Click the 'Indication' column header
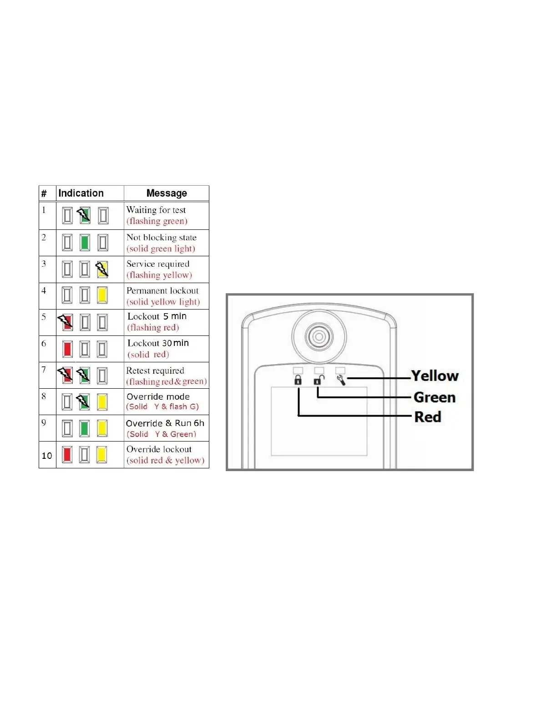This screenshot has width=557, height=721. [81, 193]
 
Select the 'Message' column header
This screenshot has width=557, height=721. [167, 193]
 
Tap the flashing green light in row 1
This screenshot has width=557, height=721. [84, 215]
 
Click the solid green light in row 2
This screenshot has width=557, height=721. [85, 243]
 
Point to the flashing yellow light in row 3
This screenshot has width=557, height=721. [102, 269]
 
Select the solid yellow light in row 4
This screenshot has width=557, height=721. [102, 295]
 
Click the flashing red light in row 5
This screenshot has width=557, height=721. [66, 322]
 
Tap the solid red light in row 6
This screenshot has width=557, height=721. [67, 349]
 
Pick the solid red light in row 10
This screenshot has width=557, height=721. [67, 454]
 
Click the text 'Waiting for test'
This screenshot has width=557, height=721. [156, 210]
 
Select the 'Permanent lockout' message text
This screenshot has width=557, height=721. [162, 290]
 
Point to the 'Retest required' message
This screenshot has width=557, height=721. [155, 371]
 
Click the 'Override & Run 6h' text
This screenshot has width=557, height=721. [165, 423]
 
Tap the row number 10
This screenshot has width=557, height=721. [47, 456]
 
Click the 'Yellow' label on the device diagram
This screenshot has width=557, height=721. [435, 376]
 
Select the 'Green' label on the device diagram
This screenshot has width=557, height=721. [435, 397]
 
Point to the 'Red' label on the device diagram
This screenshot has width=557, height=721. [428, 417]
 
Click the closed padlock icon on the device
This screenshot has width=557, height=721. [298, 380]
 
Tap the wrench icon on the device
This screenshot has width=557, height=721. [341, 380]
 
